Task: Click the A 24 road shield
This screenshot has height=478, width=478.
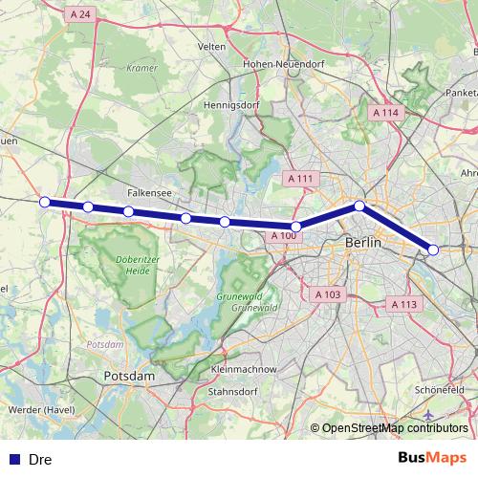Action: (x=80, y=14)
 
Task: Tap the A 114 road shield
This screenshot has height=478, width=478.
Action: (x=384, y=113)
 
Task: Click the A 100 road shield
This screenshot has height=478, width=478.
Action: (x=283, y=235)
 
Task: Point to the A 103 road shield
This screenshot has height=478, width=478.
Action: (x=327, y=294)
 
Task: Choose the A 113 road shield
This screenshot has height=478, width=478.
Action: (x=404, y=304)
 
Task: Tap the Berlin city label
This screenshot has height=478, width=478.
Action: (x=362, y=244)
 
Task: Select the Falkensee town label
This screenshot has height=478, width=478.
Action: (x=151, y=192)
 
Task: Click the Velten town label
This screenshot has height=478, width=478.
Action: (x=210, y=46)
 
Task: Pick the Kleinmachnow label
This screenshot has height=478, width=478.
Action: (x=243, y=368)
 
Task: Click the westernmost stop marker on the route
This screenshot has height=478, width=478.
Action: (x=45, y=202)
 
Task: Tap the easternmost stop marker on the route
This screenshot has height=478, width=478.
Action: (x=433, y=250)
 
